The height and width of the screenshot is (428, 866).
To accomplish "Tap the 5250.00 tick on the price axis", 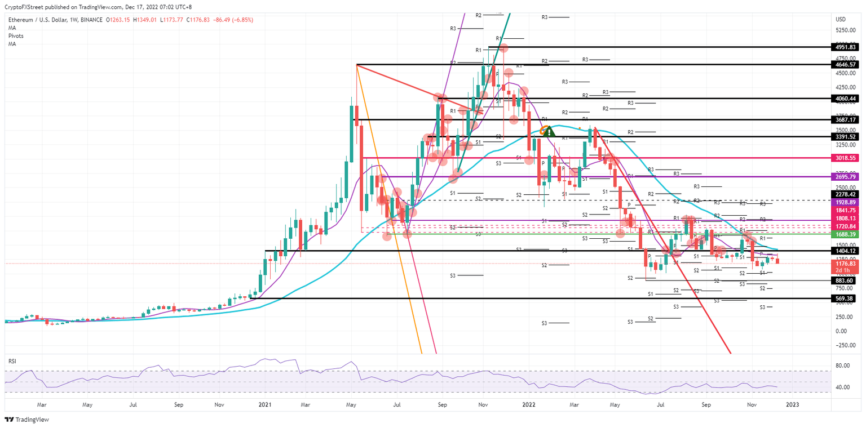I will tap(845, 30).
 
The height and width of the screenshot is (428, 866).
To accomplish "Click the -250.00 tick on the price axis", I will tap(845, 345).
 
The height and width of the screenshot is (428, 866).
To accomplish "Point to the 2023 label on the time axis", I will tap(792, 404).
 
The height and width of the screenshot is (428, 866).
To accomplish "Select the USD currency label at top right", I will tap(840, 20).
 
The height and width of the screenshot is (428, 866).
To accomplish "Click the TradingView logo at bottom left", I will tap(28, 420).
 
